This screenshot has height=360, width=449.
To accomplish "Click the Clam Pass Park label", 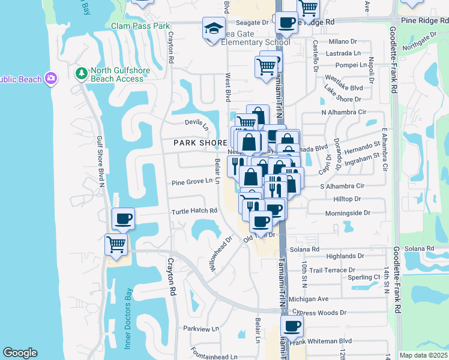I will (141, 26).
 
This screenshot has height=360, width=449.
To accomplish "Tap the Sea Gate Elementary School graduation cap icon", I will (213, 29).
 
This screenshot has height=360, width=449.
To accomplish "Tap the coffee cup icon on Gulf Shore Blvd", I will (123, 220).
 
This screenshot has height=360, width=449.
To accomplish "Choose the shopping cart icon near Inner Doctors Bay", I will (116, 245).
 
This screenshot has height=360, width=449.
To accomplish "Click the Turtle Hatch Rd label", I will (194, 211).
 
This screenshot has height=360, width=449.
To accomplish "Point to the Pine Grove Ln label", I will (192, 182).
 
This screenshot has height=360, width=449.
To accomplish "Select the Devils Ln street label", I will (196, 125).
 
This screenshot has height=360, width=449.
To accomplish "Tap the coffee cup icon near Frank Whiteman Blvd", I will (292, 326).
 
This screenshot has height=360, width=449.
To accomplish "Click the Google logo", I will (20, 353).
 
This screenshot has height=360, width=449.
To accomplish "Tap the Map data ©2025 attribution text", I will (424, 355).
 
